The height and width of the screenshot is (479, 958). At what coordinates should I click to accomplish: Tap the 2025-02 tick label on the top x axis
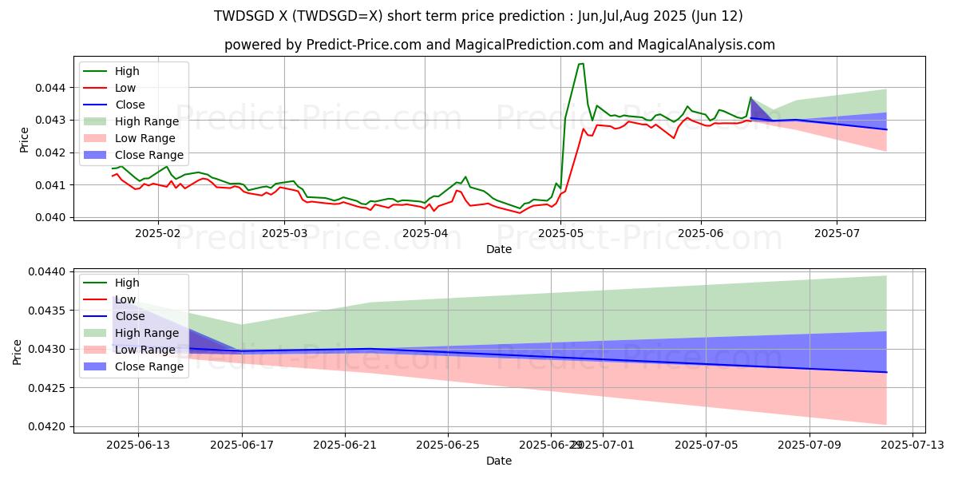[x=157, y=233]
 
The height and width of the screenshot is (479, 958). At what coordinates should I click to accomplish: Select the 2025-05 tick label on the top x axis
[x=560, y=233]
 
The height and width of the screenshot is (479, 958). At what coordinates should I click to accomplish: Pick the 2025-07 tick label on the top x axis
[x=837, y=233]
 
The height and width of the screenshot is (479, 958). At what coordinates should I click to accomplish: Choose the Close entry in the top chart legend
[x=130, y=105]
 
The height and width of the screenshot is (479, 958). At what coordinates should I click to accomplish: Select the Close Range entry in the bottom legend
[x=149, y=366]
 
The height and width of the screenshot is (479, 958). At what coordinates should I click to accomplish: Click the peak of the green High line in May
[x=581, y=64]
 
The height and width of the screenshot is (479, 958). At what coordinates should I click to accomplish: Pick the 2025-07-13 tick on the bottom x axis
[x=912, y=445]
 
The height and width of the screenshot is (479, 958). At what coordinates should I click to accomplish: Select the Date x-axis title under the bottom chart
[x=499, y=461]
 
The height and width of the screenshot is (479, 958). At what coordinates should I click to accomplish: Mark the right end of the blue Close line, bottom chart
[x=886, y=372]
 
